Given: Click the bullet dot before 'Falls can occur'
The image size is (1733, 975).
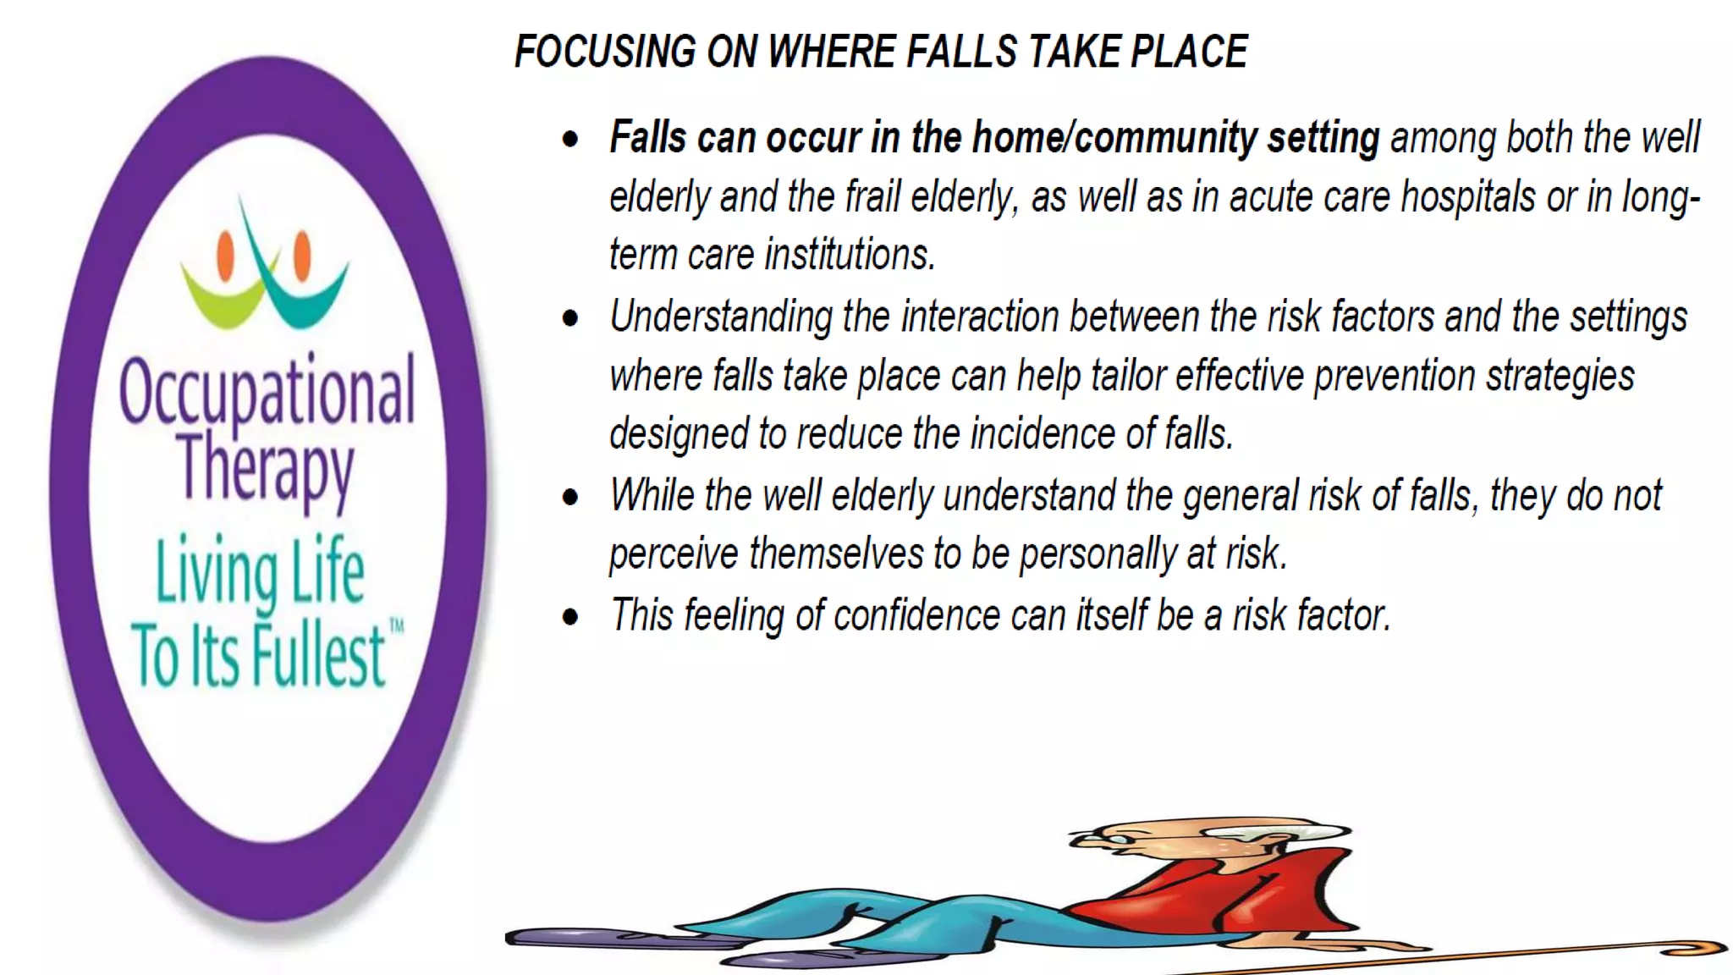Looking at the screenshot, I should coord(571,139).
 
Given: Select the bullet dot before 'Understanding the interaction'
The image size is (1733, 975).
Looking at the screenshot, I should coord(571,318).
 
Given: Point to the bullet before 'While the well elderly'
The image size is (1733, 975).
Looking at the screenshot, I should coord(571,498).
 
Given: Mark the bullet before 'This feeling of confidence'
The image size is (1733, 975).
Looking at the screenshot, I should coord(571,617).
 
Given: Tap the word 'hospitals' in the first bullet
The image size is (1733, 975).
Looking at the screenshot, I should coord(1468,197).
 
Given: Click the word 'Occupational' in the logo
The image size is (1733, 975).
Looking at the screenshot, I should coord(267,391).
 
